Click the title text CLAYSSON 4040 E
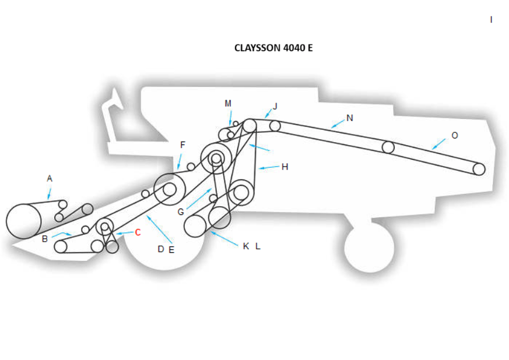pyautogui.click(x=273, y=48)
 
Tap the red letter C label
pyautogui.click(x=138, y=232)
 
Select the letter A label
pyautogui.click(x=50, y=178)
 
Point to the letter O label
pyautogui.click(x=455, y=135)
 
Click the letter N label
pyautogui.click(x=350, y=118)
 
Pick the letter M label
pyautogui.click(x=228, y=103)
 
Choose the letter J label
pyautogui.click(x=275, y=106)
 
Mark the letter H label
pyautogui.click(x=285, y=167)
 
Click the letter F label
pyautogui.click(x=182, y=144)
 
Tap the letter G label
pyautogui.click(x=181, y=212)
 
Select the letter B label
pyautogui.click(x=45, y=238)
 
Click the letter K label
pyautogui.click(x=246, y=246)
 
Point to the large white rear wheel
pyautogui.click(x=369, y=247)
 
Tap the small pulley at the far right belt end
pyautogui.click(x=479, y=169)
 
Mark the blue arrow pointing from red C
pyautogui.click(x=124, y=233)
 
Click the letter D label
pyautogui.click(x=161, y=249)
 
